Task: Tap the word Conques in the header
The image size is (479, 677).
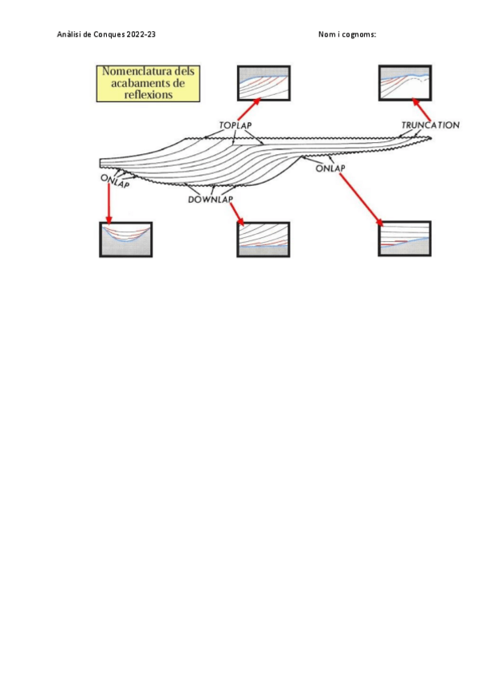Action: [x=109, y=34]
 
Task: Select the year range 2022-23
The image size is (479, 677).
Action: [x=141, y=34]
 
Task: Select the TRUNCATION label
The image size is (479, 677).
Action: [x=430, y=125]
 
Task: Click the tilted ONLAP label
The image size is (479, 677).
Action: [x=115, y=180]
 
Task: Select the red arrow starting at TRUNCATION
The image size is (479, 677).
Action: [x=421, y=110]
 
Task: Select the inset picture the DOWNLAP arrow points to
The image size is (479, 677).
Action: [x=263, y=240]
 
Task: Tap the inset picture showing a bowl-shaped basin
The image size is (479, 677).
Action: [x=125, y=239]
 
